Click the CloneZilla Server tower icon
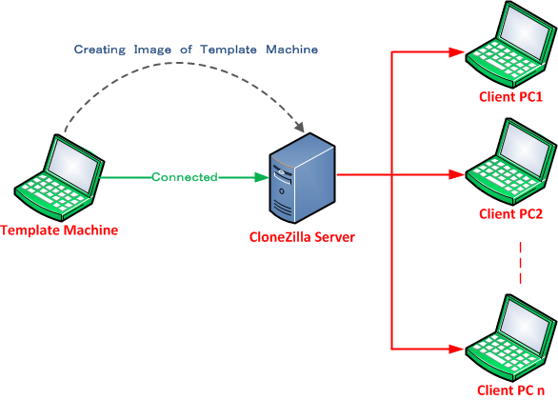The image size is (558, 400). [302, 178]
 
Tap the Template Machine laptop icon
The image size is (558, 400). [59, 177]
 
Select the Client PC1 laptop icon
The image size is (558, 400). [511, 44]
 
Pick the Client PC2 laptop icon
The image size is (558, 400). [511, 162]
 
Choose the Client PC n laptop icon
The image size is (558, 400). [511, 338]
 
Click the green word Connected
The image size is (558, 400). [185, 177]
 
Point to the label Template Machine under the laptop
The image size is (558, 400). [59, 230]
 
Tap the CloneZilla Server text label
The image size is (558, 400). [302, 237]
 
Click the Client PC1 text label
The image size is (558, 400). [510, 97]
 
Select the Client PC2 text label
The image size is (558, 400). [510, 214]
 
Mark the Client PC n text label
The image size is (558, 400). [510, 390]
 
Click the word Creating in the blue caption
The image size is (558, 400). [100, 50]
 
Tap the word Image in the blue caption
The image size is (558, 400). [152, 50]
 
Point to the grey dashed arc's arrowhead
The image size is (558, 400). [300, 127]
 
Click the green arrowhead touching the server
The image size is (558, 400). [262, 177]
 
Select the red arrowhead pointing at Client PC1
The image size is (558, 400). [456, 52]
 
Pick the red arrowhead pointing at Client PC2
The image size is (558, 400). [456, 174]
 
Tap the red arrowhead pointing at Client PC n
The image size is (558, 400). [456, 350]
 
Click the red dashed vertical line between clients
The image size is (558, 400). [520, 263]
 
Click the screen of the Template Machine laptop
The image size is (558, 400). [74, 166]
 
